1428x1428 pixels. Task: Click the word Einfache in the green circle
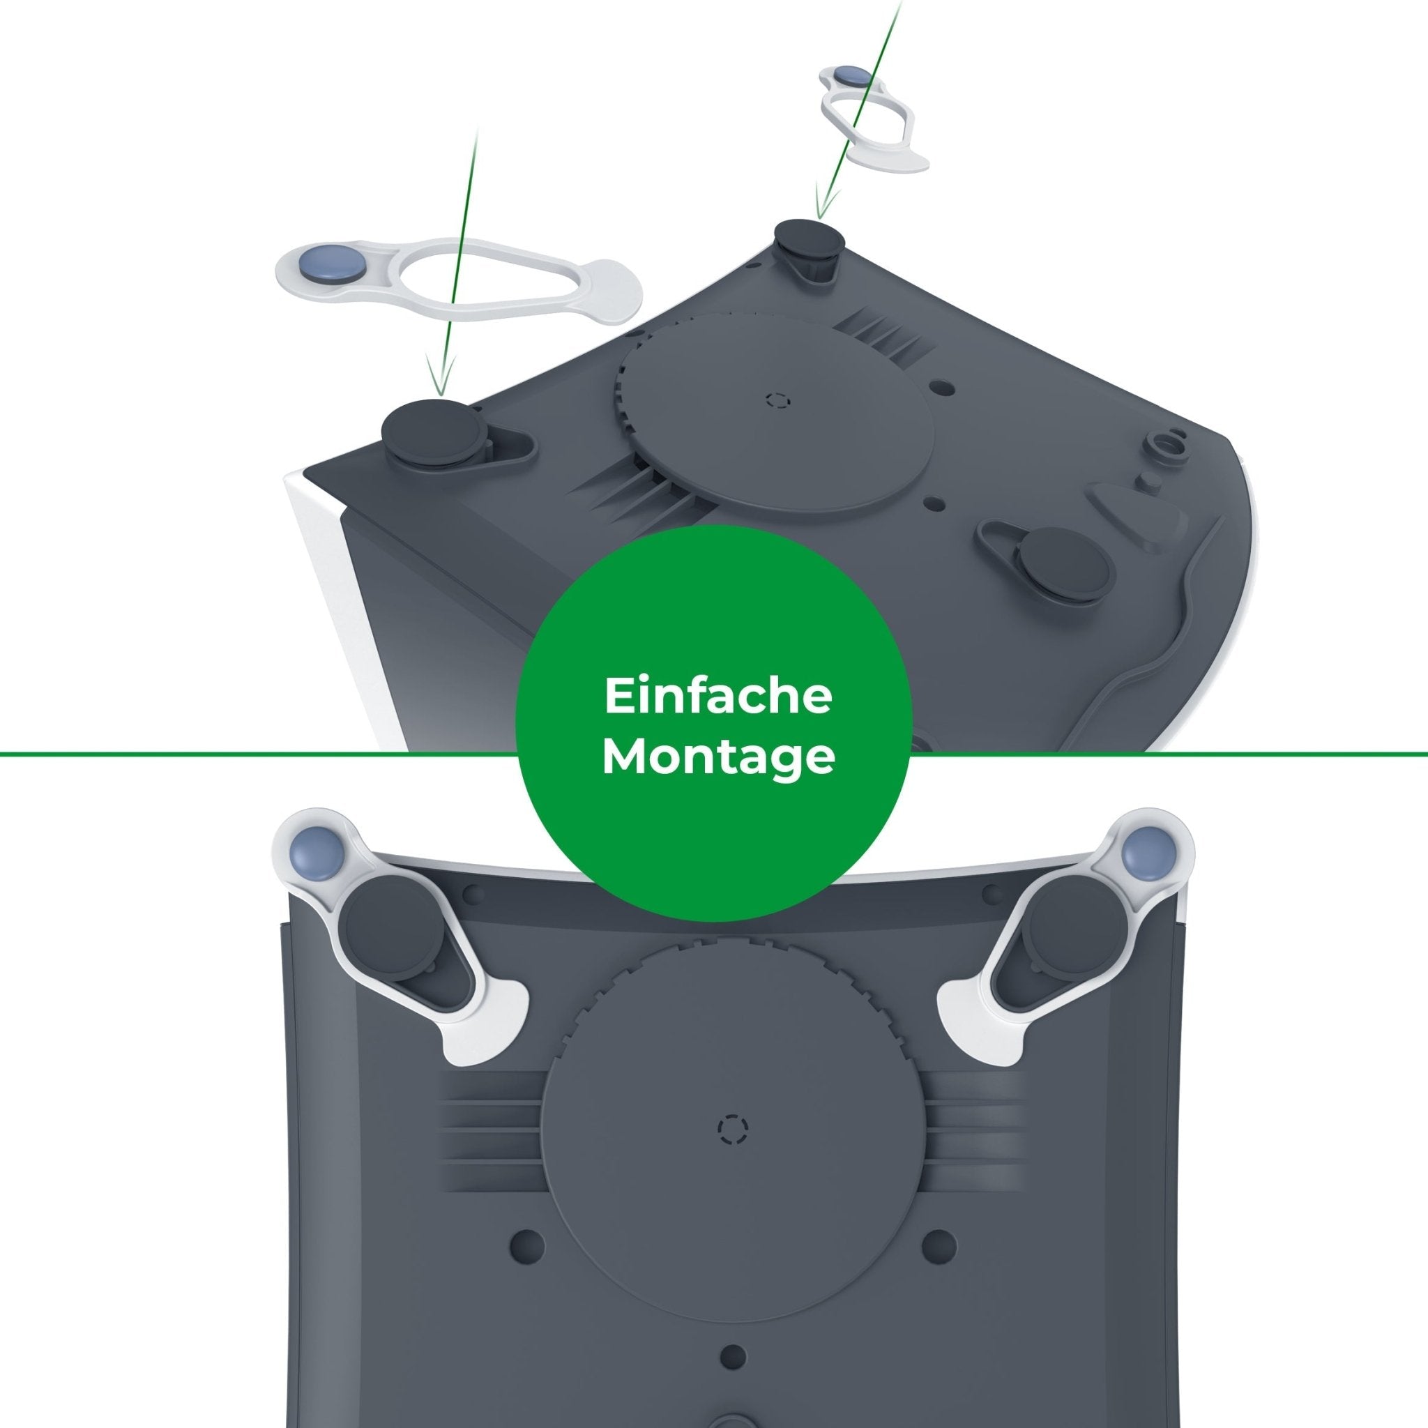(717, 698)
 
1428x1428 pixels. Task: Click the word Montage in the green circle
(717, 759)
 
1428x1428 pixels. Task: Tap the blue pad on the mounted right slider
(1143, 852)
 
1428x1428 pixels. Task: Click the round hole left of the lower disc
(528, 1245)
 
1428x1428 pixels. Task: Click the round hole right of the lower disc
(939, 1245)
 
